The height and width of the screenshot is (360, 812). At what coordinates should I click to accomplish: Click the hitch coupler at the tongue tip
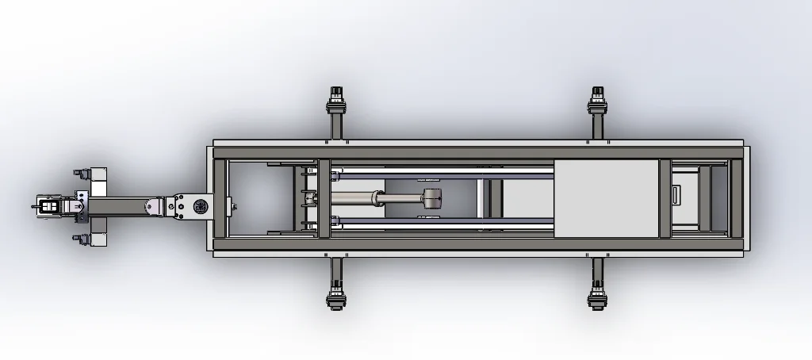(48, 206)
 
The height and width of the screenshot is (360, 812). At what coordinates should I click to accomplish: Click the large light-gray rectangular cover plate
(606, 198)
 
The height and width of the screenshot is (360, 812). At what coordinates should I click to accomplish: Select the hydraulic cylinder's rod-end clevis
(431, 200)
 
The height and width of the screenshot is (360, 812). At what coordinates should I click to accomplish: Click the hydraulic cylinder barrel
(358, 198)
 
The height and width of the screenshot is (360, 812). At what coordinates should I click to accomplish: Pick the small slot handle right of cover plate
(675, 195)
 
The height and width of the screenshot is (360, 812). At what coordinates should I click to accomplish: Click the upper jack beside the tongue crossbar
(81, 173)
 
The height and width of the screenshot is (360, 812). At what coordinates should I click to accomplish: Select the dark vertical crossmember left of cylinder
(324, 198)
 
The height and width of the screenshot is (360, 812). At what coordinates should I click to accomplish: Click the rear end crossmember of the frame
(736, 198)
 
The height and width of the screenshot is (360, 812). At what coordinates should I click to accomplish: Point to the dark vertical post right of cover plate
(665, 198)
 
